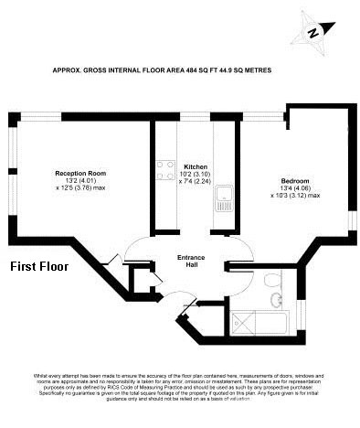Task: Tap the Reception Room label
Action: (81, 173)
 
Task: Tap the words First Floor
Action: (39, 268)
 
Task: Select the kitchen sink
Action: (221, 203)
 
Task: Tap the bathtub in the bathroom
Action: (260, 320)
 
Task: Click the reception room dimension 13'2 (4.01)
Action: (81, 180)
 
